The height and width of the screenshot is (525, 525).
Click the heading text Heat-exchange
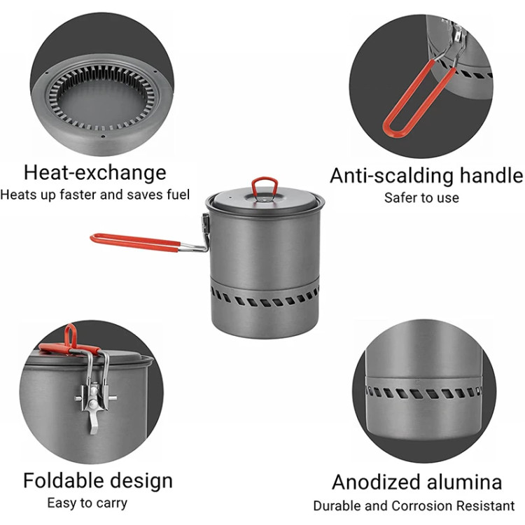coord(95,173)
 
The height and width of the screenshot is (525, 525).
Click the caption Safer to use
coord(421,197)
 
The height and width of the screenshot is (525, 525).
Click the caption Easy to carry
coord(87,503)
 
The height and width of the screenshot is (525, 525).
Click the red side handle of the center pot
coord(136,241)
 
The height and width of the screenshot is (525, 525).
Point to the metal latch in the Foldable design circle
coord(94,395)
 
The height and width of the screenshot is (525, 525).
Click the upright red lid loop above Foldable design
coord(71,335)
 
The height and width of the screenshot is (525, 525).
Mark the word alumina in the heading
coord(464,482)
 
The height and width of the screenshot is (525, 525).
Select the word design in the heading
coord(141,481)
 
